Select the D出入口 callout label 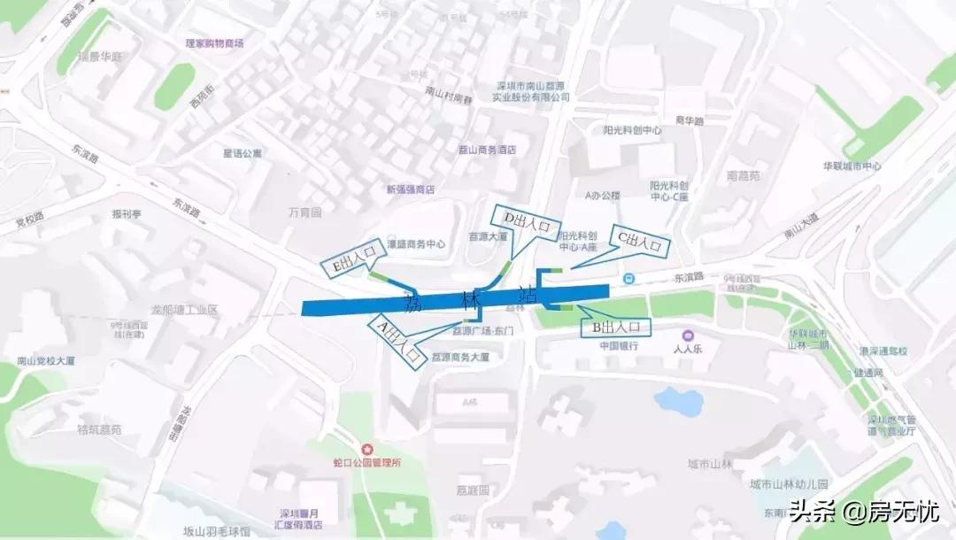point(528,221)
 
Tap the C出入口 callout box point(640,241)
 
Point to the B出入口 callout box point(614,328)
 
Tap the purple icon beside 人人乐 point(688,335)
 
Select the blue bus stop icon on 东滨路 point(628,279)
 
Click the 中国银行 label point(620,346)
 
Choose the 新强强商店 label point(411,189)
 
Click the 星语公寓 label point(242,153)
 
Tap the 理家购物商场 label point(214,42)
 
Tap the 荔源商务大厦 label point(460,358)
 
